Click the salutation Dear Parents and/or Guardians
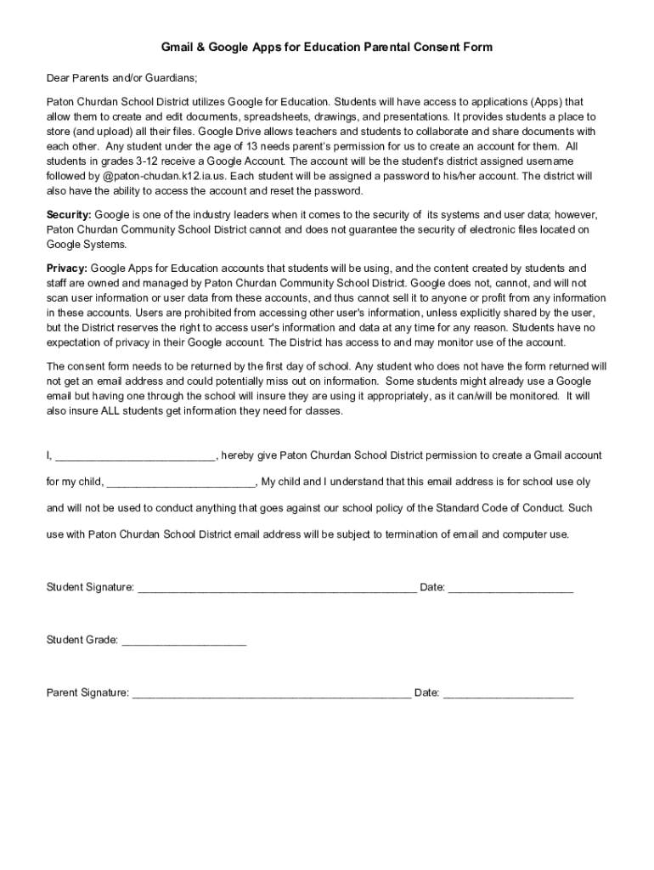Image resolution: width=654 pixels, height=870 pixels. coord(121,78)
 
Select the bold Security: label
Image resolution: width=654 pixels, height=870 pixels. coord(69,215)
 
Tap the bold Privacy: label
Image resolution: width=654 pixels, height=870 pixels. coord(66,268)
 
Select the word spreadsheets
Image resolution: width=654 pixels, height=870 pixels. coord(275,116)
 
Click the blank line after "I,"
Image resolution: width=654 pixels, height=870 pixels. coord(135,456)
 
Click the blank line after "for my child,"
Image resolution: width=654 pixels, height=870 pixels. coord(181,483)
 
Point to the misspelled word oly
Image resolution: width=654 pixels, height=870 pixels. coord(582,482)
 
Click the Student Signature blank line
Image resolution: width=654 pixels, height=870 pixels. coord(277,588)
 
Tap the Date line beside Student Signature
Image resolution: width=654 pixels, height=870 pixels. coord(510,588)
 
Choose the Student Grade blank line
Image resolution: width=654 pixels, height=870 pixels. coord(184,641)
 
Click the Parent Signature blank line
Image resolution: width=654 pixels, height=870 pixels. coord(272,694)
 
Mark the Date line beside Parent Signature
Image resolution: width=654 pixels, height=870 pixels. coord(508,694)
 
